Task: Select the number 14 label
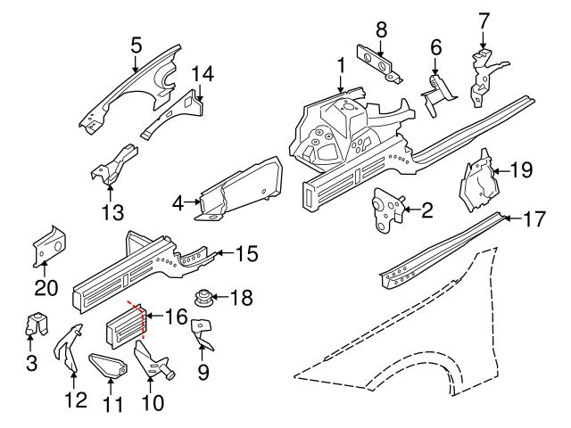[203, 72]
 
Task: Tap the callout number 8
[381, 29]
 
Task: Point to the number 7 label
[484, 19]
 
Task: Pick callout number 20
[46, 287]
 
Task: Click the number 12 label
[77, 399]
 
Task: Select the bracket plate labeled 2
[386, 210]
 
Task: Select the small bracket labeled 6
[434, 91]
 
